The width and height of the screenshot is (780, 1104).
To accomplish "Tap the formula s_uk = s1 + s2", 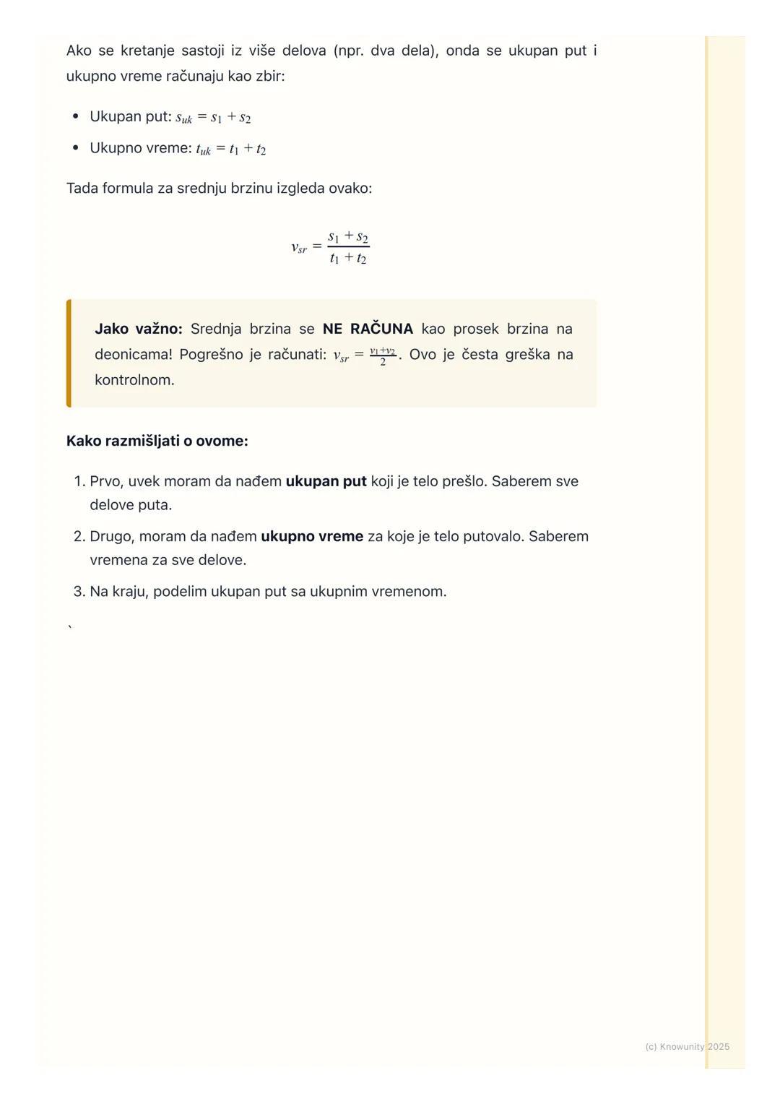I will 213,117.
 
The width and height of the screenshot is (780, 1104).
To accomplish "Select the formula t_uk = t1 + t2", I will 231,149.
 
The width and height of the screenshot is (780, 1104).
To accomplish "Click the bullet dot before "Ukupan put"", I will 75,116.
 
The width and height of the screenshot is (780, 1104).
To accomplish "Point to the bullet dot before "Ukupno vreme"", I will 75,148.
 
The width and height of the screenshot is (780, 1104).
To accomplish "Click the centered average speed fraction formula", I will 331,247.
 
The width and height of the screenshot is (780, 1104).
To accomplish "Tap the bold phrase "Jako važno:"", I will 139,329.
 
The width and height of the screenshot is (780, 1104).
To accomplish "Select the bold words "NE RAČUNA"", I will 368,329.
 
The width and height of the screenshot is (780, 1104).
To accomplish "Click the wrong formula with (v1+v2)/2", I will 365,355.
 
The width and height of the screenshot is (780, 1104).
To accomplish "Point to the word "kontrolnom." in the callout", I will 134,380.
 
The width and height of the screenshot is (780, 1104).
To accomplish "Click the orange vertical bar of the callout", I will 69,353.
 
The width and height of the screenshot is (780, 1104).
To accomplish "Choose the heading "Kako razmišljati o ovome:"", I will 157,441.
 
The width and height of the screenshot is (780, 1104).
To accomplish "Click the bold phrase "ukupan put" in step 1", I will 326,481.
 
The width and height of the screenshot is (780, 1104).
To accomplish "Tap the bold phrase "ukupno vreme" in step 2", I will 312,536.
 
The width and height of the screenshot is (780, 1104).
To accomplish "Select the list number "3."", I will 79,592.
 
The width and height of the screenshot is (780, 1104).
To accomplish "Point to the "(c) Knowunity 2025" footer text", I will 687,1046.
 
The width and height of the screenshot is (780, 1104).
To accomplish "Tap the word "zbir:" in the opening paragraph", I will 270,76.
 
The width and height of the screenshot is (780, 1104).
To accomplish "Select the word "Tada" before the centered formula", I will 82,189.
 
